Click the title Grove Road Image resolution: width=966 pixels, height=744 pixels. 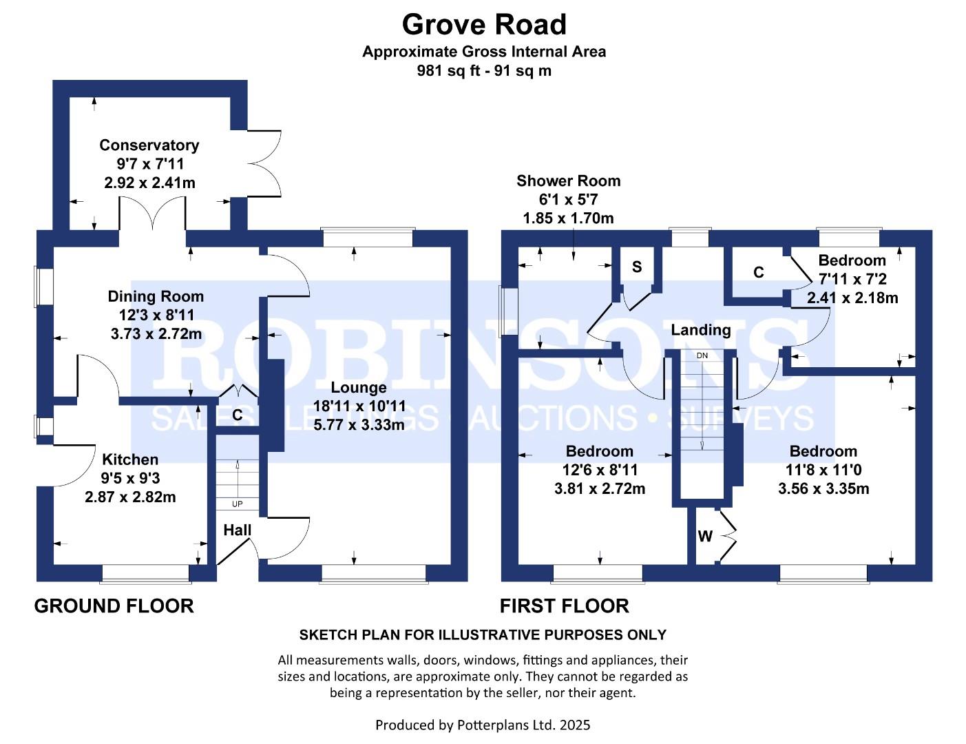pyautogui.click(x=483, y=25)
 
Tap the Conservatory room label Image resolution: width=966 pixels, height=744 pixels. pyautogui.click(x=149, y=145)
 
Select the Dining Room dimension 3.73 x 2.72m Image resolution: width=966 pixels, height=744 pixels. pyautogui.click(x=156, y=334)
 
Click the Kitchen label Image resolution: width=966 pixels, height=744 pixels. pyautogui.click(x=130, y=459)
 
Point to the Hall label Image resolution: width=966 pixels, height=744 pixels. pyautogui.click(x=237, y=530)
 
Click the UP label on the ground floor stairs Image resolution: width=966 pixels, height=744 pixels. pyautogui.click(x=237, y=504)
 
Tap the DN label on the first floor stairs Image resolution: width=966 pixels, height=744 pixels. pyautogui.click(x=702, y=355)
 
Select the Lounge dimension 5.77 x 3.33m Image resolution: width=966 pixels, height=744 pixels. pyautogui.click(x=359, y=425)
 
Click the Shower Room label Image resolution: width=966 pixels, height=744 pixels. pyautogui.click(x=568, y=181)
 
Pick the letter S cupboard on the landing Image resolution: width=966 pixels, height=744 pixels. pyautogui.click(x=637, y=267)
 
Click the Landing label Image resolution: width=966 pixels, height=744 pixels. pyautogui.click(x=700, y=330)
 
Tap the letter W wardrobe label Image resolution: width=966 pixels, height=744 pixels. pyautogui.click(x=705, y=537)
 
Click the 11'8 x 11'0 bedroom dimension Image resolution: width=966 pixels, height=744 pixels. pyautogui.click(x=823, y=470)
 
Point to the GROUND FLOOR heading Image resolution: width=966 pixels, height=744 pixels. pyautogui.click(x=114, y=606)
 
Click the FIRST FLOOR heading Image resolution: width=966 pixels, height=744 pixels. pyautogui.click(x=564, y=606)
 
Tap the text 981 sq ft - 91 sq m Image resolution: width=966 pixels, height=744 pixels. pyautogui.click(x=483, y=70)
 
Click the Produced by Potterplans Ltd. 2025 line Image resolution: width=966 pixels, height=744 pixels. pyautogui.click(x=482, y=725)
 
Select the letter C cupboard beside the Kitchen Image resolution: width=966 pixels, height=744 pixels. pyautogui.click(x=237, y=415)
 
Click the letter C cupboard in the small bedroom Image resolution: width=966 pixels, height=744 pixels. pyautogui.click(x=758, y=273)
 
